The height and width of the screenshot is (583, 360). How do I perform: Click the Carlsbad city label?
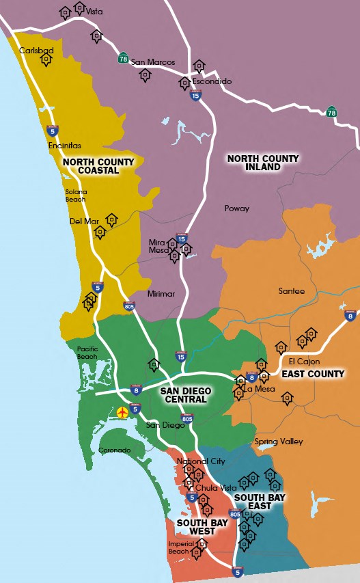click(x=36, y=51)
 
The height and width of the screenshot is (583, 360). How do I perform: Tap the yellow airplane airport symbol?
click(x=122, y=412)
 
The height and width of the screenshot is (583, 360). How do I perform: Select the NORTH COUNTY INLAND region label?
click(x=263, y=163)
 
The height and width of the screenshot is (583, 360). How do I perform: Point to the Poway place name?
click(x=237, y=208)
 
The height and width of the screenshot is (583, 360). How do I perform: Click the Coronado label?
click(x=114, y=450)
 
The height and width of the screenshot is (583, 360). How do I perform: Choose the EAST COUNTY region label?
click(x=313, y=374)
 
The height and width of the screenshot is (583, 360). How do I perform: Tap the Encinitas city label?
click(x=65, y=146)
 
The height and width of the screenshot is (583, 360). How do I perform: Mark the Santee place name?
click(x=291, y=291)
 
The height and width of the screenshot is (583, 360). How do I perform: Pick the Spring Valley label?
click(x=279, y=442)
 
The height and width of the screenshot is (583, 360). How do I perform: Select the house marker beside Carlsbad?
click(x=46, y=60)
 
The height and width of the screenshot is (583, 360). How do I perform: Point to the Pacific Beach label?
click(x=87, y=352)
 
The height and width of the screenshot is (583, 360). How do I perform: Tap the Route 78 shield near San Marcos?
click(x=123, y=57)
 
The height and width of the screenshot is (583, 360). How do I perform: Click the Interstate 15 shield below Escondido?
click(x=196, y=96)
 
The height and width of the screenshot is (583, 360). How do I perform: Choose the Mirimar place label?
click(x=161, y=294)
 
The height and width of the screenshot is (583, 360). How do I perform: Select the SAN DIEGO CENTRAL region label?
click(x=186, y=395)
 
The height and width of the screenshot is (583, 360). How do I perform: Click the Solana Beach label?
click(x=76, y=195)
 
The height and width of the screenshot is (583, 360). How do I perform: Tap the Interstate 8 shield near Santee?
click(x=350, y=315)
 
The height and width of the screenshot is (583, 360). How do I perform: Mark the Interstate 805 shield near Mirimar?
click(x=128, y=306)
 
